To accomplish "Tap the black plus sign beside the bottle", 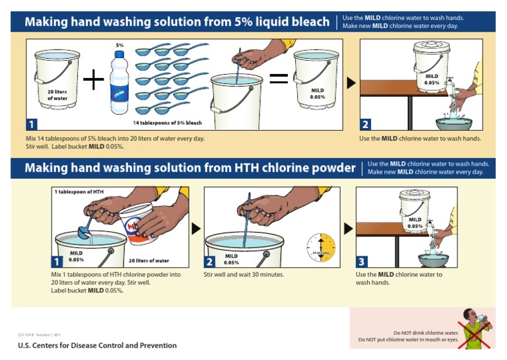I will click(x=93, y=81).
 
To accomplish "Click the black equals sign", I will click(x=279, y=79).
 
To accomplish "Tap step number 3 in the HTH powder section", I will click(x=362, y=261).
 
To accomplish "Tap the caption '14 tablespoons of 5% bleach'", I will click(x=167, y=123).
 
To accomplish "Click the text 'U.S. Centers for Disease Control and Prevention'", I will click(x=97, y=345).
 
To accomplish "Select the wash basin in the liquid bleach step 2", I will click(x=454, y=122).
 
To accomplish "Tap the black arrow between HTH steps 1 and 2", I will click(x=196, y=229).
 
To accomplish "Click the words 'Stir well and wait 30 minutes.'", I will click(x=244, y=274).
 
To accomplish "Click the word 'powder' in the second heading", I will click(x=331, y=168).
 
